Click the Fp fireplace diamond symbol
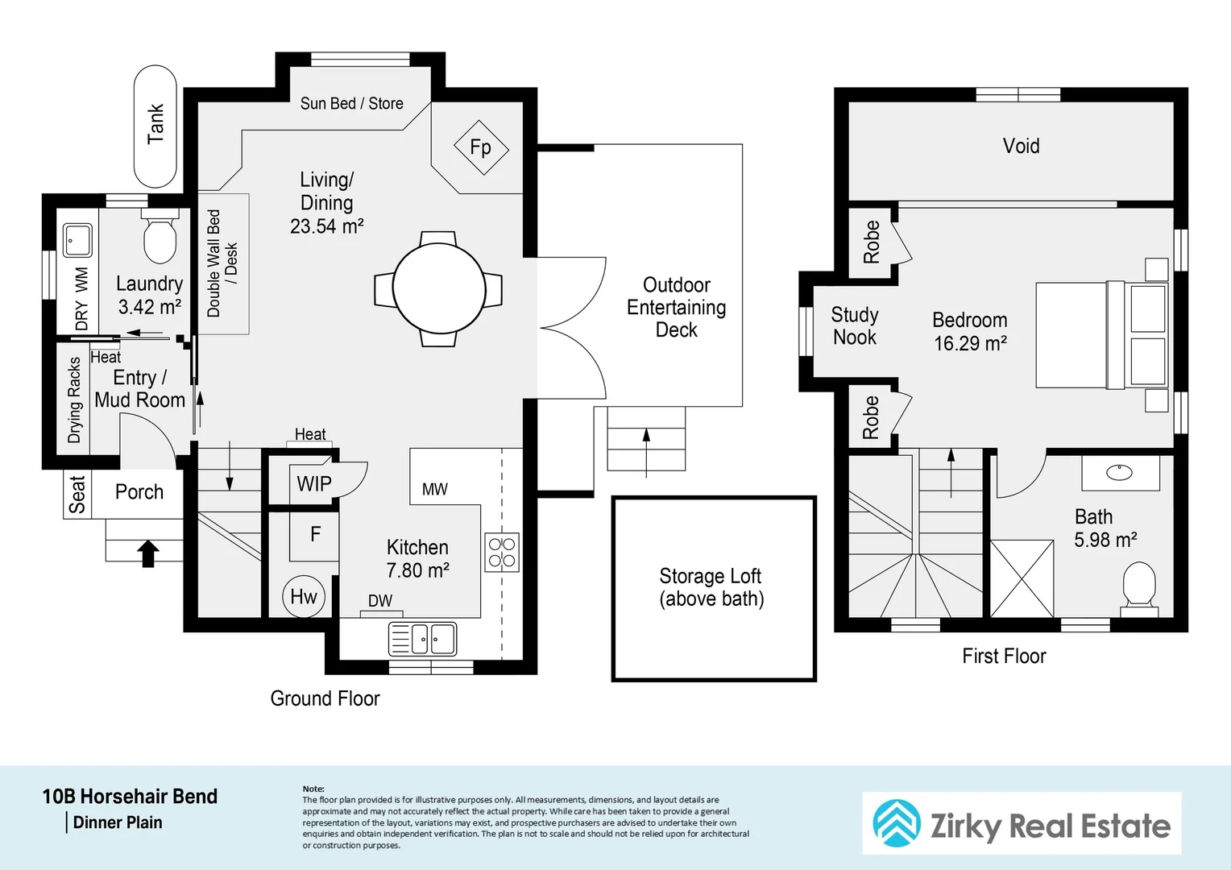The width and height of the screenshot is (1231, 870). click(482, 148)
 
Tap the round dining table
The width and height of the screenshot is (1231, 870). click(439, 288)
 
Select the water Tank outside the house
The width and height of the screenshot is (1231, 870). click(155, 126)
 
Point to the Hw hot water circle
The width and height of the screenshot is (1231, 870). click(304, 596)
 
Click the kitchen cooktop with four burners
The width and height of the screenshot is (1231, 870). click(502, 553)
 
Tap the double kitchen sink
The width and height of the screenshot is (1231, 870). click(423, 639)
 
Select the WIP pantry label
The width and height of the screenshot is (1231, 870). click(314, 484)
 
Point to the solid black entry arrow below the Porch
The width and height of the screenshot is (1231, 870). click(147, 553)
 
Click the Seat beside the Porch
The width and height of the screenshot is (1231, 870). click(77, 494)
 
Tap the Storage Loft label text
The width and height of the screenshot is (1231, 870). click(711, 587)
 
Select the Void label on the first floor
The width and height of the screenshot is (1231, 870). click(1021, 146)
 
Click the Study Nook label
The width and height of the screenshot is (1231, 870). click(855, 326)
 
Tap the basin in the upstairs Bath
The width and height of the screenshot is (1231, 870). click(1120, 472)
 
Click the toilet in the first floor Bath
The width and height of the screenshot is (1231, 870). click(1139, 589)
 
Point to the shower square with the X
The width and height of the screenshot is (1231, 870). click(1022, 578)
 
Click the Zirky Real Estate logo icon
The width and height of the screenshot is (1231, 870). click(897, 823)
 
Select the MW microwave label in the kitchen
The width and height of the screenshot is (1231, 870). click(435, 489)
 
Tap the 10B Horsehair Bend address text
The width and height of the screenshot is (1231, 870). click(131, 797)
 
